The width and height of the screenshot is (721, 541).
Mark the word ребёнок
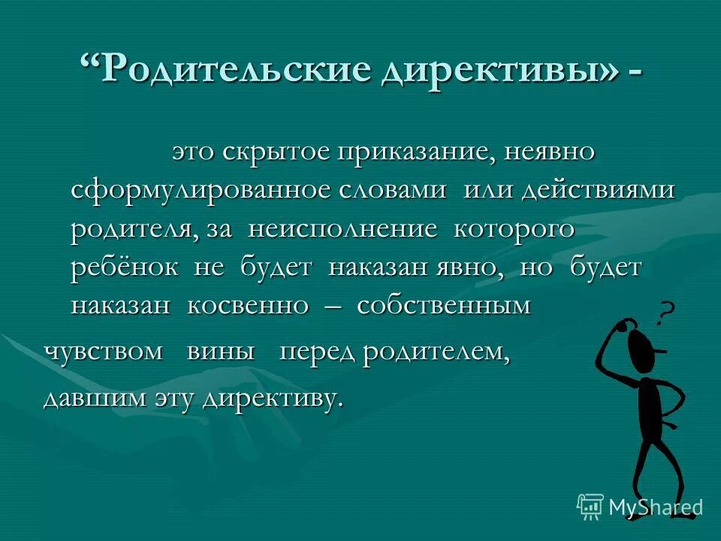(x=125, y=268)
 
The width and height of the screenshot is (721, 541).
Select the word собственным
(x=444, y=307)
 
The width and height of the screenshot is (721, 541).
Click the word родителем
(x=436, y=353)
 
